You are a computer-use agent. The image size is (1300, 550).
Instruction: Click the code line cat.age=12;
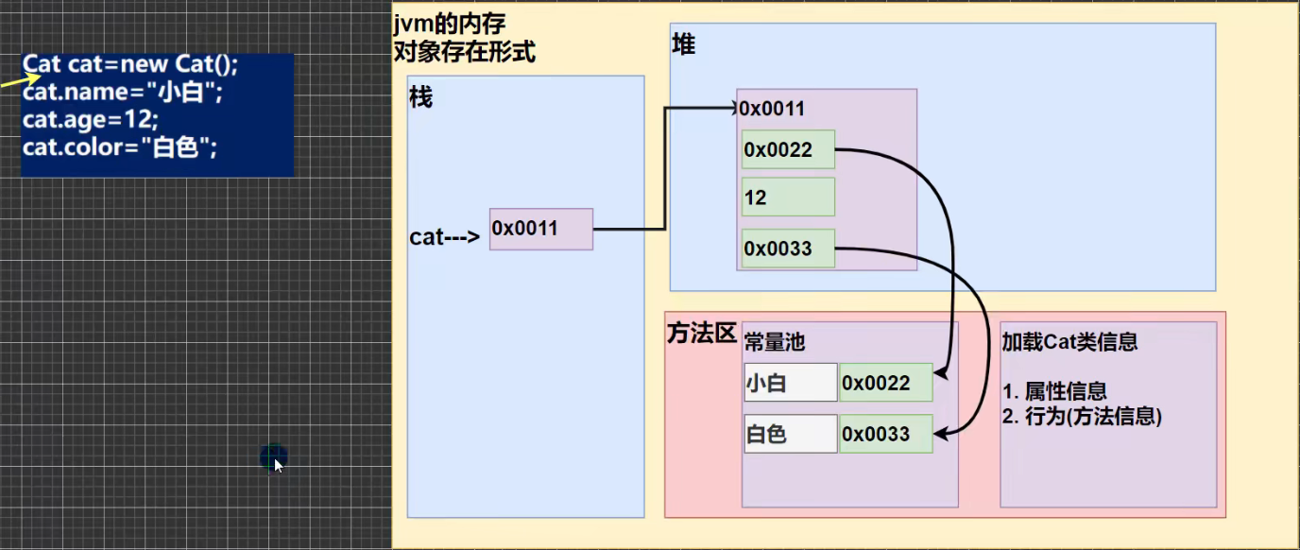click(91, 120)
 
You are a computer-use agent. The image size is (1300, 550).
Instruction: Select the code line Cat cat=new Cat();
click(131, 64)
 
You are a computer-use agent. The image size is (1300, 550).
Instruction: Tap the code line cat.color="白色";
click(120, 147)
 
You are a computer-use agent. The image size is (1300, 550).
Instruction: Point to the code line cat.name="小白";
click(122, 93)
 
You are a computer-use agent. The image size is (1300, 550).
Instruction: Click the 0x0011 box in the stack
click(541, 229)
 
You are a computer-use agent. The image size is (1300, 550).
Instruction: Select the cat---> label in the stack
click(444, 236)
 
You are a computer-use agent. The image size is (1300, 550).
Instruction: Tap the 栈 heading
click(420, 97)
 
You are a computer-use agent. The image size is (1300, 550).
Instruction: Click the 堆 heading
click(683, 44)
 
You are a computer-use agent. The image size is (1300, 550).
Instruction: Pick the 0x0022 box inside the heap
click(788, 149)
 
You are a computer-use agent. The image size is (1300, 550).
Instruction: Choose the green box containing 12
click(788, 198)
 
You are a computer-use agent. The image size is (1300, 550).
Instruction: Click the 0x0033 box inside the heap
click(788, 249)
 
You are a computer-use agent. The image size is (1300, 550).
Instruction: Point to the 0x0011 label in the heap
click(772, 109)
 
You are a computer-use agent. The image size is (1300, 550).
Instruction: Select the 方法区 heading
click(701, 334)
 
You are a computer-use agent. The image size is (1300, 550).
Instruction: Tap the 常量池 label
click(775, 342)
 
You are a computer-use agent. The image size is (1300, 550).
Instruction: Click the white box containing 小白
click(790, 383)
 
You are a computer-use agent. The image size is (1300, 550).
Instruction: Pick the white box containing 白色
click(790, 435)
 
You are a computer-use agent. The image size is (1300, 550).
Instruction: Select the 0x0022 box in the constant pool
click(885, 383)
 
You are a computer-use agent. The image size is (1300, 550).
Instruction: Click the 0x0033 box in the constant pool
click(885, 435)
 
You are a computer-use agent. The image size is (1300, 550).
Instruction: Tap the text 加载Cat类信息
click(1069, 342)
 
